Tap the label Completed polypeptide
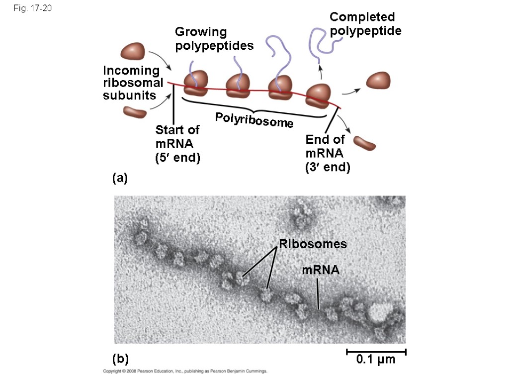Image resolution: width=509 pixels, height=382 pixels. tap(365, 24)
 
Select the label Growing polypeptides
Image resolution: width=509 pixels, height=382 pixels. tap(214, 39)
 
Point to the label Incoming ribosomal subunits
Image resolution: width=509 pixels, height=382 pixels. tap(133, 83)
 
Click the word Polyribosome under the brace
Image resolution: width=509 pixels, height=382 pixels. tap(254, 120)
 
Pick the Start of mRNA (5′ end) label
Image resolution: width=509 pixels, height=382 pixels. tap(177, 144)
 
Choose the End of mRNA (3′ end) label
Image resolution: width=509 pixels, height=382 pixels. tap(328, 153)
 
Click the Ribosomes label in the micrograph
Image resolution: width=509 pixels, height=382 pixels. tap(313, 244)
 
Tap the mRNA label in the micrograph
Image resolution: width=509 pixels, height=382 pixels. tap(321, 270)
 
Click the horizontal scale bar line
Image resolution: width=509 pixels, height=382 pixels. tap(376, 352)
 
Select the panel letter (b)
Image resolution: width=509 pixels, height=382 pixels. tap(120, 359)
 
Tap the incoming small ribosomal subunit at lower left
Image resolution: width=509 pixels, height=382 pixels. tap(135, 111)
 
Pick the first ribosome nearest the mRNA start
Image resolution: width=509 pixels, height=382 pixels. tap(196, 83)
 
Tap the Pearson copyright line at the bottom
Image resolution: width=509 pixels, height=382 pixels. tap(185, 371)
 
